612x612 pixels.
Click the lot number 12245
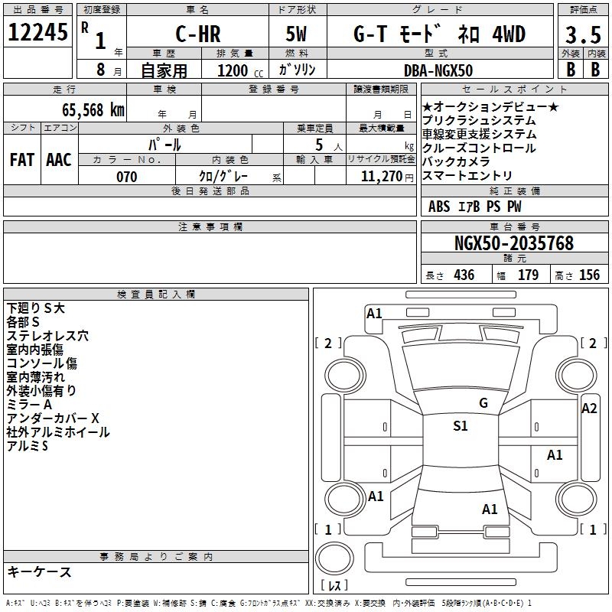point(37,32)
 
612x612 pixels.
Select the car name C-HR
point(198,34)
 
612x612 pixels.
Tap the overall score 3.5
point(583,34)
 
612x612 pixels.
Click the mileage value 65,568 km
point(93,110)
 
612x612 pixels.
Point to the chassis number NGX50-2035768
point(514,243)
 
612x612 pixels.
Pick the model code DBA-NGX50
point(438,70)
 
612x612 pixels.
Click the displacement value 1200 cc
point(240,70)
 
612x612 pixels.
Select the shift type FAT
point(22,160)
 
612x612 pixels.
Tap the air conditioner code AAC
point(59,160)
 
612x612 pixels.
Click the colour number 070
point(127,177)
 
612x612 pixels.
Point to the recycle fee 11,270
point(382,177)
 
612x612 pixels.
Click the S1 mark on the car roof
point(461,426)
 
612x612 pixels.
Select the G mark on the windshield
point(483,403)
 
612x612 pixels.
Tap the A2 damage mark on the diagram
point(589,409)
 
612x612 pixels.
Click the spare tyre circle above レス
point(334,558)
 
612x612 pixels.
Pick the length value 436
point(464,275)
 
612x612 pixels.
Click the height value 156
point(589,275)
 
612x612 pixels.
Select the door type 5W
point(296,34)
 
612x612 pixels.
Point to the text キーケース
point(40,572)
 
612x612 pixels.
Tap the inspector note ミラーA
point(29,405)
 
